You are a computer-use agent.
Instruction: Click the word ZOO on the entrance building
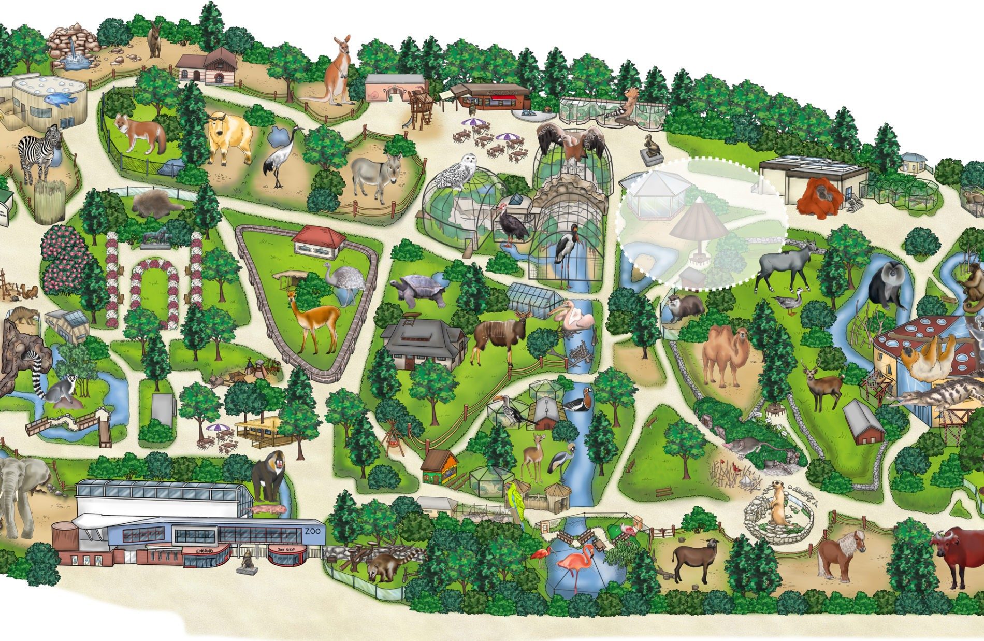312,532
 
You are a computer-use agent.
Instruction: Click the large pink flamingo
575,565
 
